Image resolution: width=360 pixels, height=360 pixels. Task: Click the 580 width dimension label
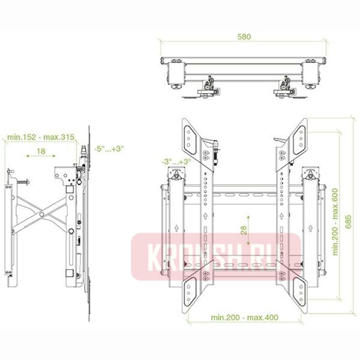[x=244, y=37]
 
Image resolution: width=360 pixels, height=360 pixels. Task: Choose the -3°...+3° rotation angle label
[x=176, y=162]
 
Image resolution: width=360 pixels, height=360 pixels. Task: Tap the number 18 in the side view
[x=41, y=152]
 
